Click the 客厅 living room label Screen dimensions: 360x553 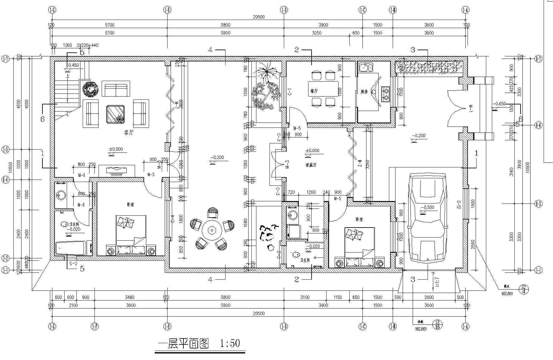[x=129, y=133]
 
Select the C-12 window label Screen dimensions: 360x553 [x=459, y=204]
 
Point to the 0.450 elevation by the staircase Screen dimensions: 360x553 [x=73, y=65]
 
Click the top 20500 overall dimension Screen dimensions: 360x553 [x=259, y=17]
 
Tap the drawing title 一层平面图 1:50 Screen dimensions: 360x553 [x=200, y=343]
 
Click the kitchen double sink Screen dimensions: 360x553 [x=366, y=67]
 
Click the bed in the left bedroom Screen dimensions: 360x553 [x=131, y=234]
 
